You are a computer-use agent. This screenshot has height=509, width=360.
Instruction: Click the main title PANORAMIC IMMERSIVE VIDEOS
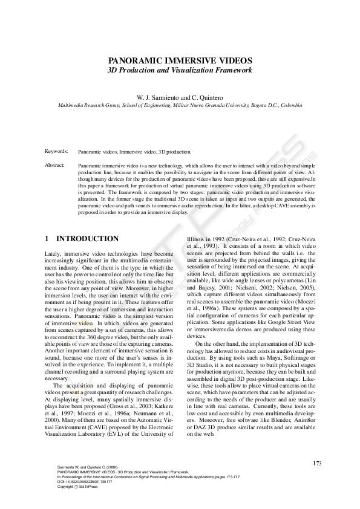180,61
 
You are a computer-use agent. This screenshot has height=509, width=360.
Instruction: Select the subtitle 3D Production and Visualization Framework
180,71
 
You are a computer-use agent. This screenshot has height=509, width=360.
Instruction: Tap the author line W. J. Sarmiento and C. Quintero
180,97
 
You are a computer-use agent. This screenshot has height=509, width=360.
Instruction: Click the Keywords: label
57,152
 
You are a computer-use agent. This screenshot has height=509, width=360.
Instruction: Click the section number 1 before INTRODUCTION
48,239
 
